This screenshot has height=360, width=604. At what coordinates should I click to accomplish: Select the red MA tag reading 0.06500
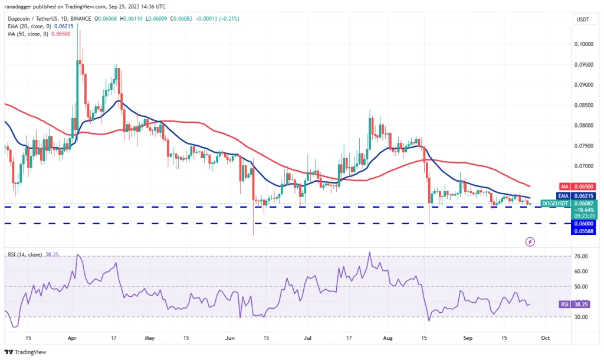(583, 186)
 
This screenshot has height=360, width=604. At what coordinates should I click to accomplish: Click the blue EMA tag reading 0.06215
(583, 195)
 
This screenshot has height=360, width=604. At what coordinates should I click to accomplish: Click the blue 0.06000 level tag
(583, 223)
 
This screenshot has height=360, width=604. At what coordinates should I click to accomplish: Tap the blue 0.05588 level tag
(583, 231)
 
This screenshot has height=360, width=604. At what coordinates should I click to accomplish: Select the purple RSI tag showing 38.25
(582, 305)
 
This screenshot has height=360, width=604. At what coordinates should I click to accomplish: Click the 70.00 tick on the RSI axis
(582, 256)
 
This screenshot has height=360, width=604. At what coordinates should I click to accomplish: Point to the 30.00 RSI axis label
(582, 317)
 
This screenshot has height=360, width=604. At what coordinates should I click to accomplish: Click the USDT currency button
(582, 19)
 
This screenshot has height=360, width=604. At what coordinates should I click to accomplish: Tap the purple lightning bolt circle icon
(530, 242)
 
